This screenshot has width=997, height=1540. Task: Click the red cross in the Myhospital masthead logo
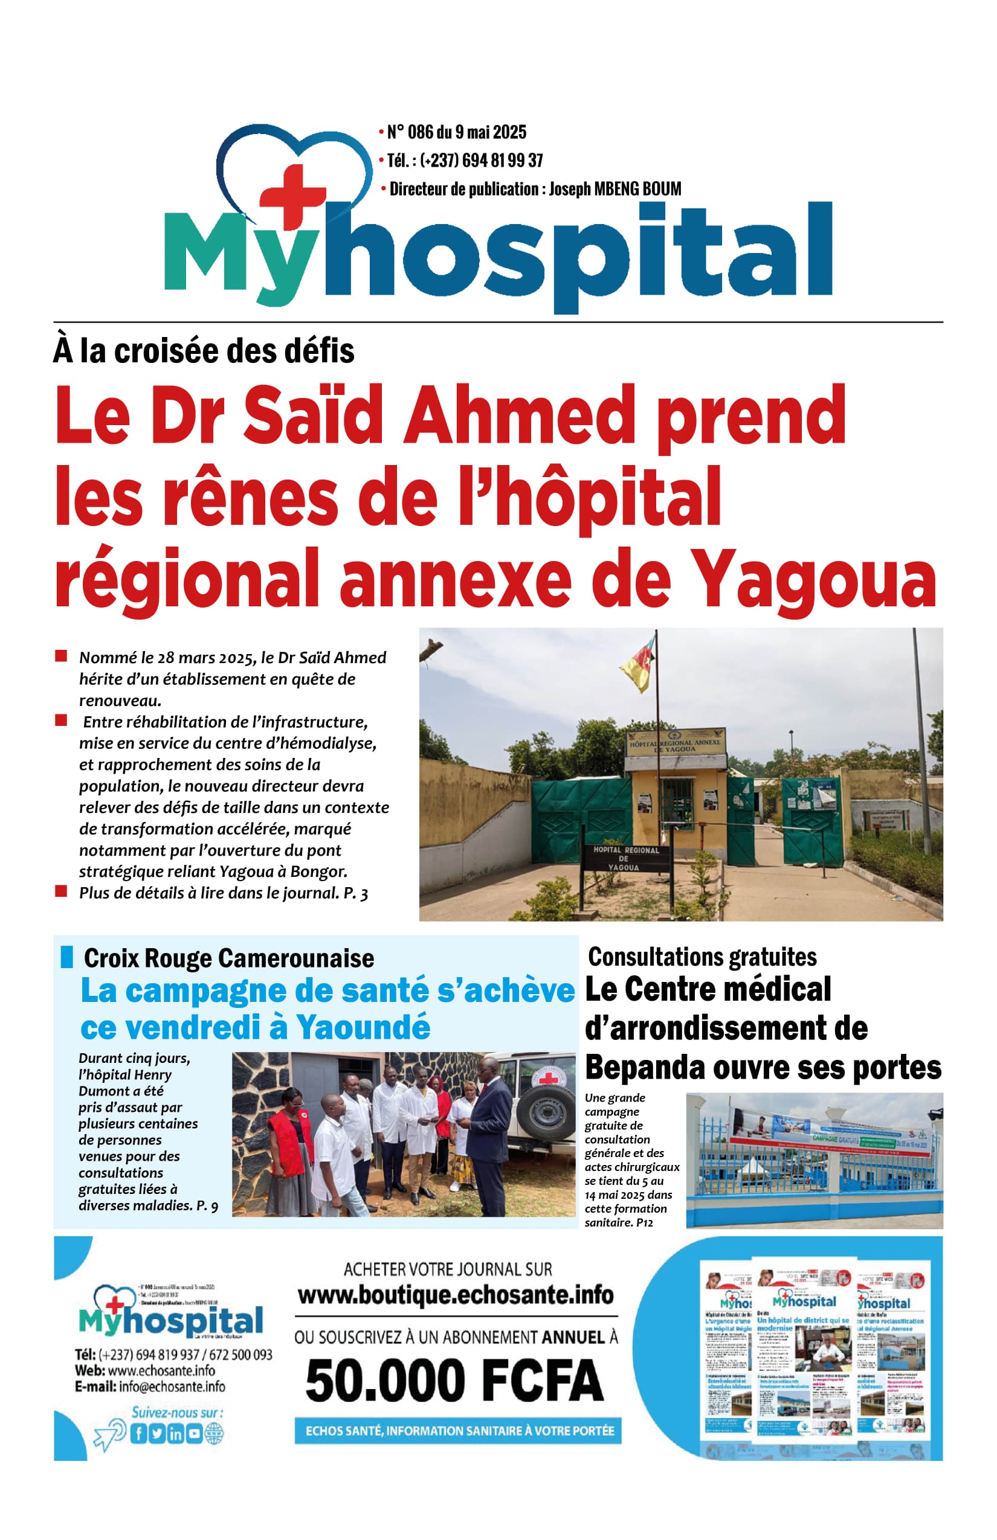[x=292, y=194]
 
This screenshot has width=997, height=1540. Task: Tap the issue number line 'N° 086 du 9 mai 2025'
[x=456, y=132]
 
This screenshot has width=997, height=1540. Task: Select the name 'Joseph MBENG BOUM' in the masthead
[x=615, y=189]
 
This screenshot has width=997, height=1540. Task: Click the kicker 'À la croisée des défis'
[x=204, y=351]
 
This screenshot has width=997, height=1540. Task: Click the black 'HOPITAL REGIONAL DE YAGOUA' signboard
[x=625, y=858]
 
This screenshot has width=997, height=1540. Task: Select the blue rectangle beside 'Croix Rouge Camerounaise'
[x=66, y=957]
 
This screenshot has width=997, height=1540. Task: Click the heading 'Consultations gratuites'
[x=702, y=957]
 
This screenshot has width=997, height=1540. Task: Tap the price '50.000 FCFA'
[x=454, y=1381]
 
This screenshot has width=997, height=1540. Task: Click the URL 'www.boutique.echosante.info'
[x=456, y=1295]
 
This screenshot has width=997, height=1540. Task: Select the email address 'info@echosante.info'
[x=172, y=1387]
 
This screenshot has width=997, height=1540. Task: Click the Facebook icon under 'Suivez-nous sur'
[x=138, y=1434]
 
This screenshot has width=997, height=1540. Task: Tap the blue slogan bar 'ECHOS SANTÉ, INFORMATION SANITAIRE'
[x=459, y=1431]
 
